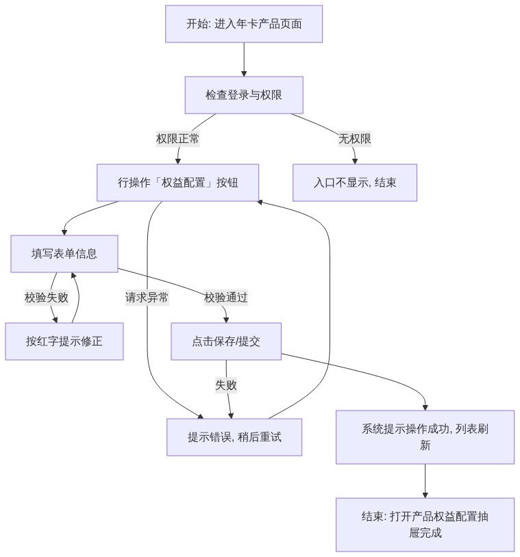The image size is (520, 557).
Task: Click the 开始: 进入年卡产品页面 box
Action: coord(244,24)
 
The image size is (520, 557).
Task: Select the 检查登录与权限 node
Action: coord(244,95)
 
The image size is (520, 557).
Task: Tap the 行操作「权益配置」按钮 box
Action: coord(178,183)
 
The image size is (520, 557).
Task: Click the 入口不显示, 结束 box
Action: coord(355,183)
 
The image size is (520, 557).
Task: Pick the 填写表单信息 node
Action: coord(64,254)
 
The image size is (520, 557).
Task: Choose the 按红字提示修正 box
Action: coord(64,341)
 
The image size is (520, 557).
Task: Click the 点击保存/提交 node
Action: coord(226,341)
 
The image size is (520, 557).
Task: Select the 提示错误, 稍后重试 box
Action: coord(234,437)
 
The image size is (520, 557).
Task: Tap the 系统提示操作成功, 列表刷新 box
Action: coord(425,437)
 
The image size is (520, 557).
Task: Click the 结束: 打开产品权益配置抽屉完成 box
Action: coord(425,525)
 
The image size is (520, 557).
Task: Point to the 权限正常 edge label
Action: coord(178,138)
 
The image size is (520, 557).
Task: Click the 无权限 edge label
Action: coord(355,138)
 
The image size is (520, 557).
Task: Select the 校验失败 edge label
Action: coord(46,298)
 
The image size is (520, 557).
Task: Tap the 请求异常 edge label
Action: coord(147,298)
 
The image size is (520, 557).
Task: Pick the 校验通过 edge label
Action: coord(226,298)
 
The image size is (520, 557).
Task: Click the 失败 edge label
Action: coord(226,385)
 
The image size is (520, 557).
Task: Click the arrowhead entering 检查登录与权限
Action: coord(244,73)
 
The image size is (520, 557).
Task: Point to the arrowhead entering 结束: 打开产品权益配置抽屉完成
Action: coord(425,495)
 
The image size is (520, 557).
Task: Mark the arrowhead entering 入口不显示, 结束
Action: coord(355,161)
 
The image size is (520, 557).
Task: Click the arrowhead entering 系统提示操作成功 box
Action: coord(425,408)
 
